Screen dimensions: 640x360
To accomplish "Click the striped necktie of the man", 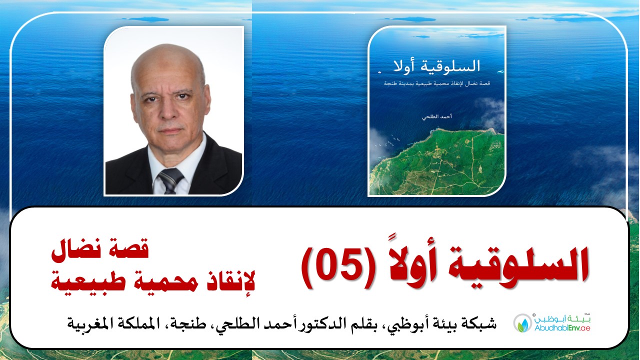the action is coord(170,180).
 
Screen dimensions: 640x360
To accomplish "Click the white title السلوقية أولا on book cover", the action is coord(436,66).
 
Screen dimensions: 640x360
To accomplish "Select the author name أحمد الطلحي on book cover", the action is coord(437,117).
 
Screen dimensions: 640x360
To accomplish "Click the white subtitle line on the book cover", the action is coord(437,83).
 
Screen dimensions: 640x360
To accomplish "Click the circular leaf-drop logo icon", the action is coord(522,323).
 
